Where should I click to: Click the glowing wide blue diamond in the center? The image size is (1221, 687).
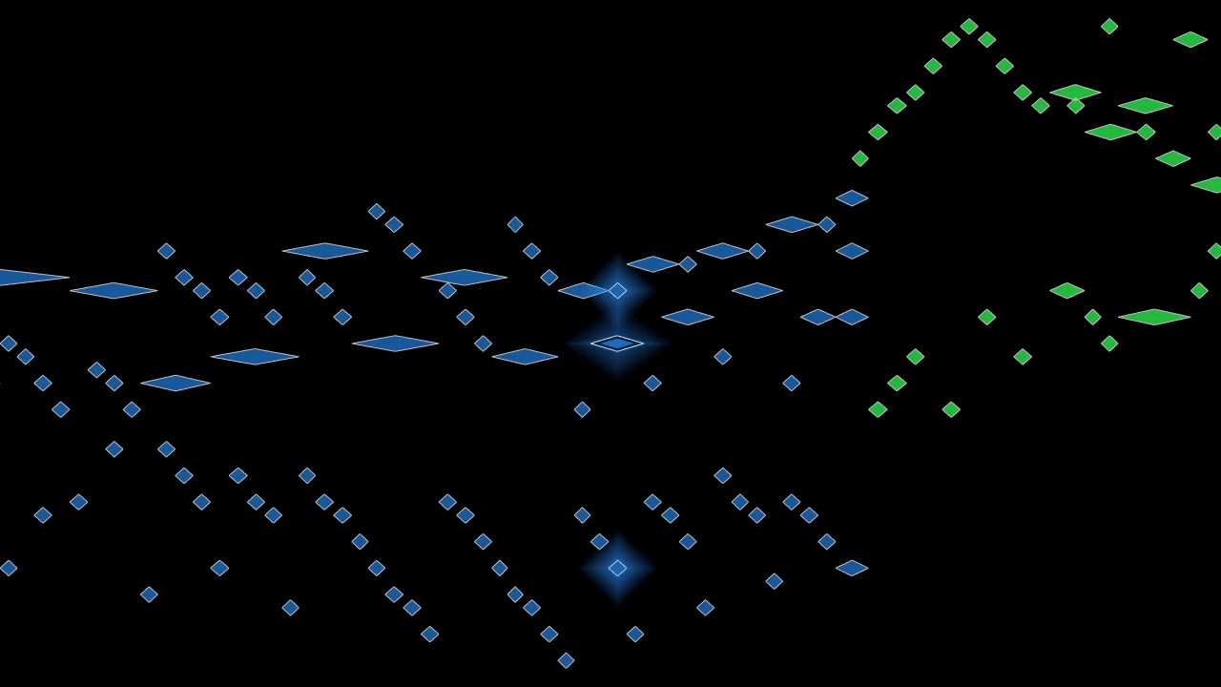(617, 343)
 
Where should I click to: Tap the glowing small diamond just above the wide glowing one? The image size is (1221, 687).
(617, 290)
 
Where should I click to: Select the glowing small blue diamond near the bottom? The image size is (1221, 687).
(617, 568)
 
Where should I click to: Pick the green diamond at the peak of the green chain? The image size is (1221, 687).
(969, 27)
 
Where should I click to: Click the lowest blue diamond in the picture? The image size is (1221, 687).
(566, 660)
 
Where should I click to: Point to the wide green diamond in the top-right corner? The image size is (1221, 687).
(1190, 39)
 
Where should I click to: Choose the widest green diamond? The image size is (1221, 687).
(1153, 317)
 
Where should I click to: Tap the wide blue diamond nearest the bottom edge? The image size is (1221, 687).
(852, 568)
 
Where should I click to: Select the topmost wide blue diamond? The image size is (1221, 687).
(852, 198)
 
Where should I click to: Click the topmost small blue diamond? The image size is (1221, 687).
(377, 212)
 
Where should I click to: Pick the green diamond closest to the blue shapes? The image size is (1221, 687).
(859, 158)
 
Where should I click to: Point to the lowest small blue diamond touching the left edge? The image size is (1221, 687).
(8, 568)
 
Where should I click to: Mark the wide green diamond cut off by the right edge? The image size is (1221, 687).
(1209, 185)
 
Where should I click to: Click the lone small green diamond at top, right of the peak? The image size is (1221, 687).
(1109, 27)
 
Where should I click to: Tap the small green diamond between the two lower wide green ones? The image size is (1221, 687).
(1092, 317)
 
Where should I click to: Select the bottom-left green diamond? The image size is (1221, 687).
(878, 409)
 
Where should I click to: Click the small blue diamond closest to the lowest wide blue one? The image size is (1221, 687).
(826, 541)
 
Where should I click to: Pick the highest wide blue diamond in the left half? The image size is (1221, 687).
(324, 251)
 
